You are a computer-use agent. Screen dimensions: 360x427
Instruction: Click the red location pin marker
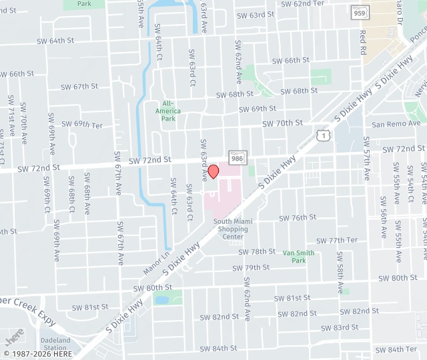click(x=213, y=171)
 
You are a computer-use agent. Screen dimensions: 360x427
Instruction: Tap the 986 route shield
click(x=237, y=157)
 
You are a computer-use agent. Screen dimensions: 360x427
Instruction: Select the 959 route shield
click(x=360, y=12)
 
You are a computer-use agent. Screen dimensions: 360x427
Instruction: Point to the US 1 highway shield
click(x=323, y=135)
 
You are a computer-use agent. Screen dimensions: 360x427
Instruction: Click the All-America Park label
click(x=168, y=111)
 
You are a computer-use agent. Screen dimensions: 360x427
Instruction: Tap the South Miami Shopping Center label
click(x=231, y=229)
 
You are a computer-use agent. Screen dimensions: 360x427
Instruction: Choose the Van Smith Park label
click(x=298, y=257)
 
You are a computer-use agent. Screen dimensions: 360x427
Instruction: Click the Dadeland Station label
click(x=55, y=343)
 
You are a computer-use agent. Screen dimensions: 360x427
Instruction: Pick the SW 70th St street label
click(x=282, y=123)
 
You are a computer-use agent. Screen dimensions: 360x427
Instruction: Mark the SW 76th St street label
click(x=298, y=218)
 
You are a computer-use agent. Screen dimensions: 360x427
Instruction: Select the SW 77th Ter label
click(x=337, y=240)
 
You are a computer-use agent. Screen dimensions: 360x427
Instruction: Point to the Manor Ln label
click(x=156, y=263)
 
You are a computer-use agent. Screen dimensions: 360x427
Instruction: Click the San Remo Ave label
click(x=396, y=124)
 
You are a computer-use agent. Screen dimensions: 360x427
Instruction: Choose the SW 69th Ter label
click(x=83, y=125)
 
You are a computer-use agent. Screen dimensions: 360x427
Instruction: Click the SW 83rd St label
click(x=340, y=327)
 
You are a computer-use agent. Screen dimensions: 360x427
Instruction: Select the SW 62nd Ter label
click(x=302, y=3)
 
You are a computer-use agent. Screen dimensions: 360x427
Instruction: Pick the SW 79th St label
click(x=251, y=268)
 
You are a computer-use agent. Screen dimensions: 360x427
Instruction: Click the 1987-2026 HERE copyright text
click(x=37, y=353)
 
